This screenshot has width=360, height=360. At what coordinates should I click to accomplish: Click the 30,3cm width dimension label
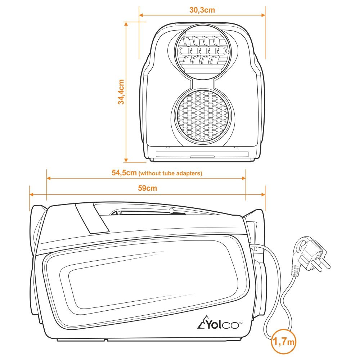click(x=202, y=10)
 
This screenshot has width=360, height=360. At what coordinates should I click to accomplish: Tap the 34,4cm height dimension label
click(x=121, y=92)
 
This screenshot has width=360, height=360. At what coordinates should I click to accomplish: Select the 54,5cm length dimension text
click(x=124, y=173)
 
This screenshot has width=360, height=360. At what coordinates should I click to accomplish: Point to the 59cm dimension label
click(x=147, y=188)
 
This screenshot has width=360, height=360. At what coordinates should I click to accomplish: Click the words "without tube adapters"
click(x=170, y=174)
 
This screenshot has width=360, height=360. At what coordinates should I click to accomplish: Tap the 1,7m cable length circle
click(x=284, y=342)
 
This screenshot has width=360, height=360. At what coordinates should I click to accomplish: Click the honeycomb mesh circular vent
click(x=202, y=115)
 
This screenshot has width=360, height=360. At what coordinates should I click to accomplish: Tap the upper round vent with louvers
click(x=202, y=51)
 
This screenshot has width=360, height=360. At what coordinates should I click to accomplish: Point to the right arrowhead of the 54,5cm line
click(x=244, y=178)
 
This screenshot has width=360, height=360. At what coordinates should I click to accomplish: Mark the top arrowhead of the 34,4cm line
click(x=126, y=24)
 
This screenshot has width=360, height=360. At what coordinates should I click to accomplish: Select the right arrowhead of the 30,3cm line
click(x=263, y=15)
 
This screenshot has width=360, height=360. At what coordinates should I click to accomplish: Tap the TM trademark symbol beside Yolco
click(x=241, y=323)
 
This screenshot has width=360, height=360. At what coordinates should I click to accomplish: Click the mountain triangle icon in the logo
click(x=202, y=322)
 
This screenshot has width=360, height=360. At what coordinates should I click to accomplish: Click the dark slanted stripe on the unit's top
click(x=92, y=219)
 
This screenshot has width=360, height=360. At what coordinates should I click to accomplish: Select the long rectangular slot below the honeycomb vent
click(x=202, y=154)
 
